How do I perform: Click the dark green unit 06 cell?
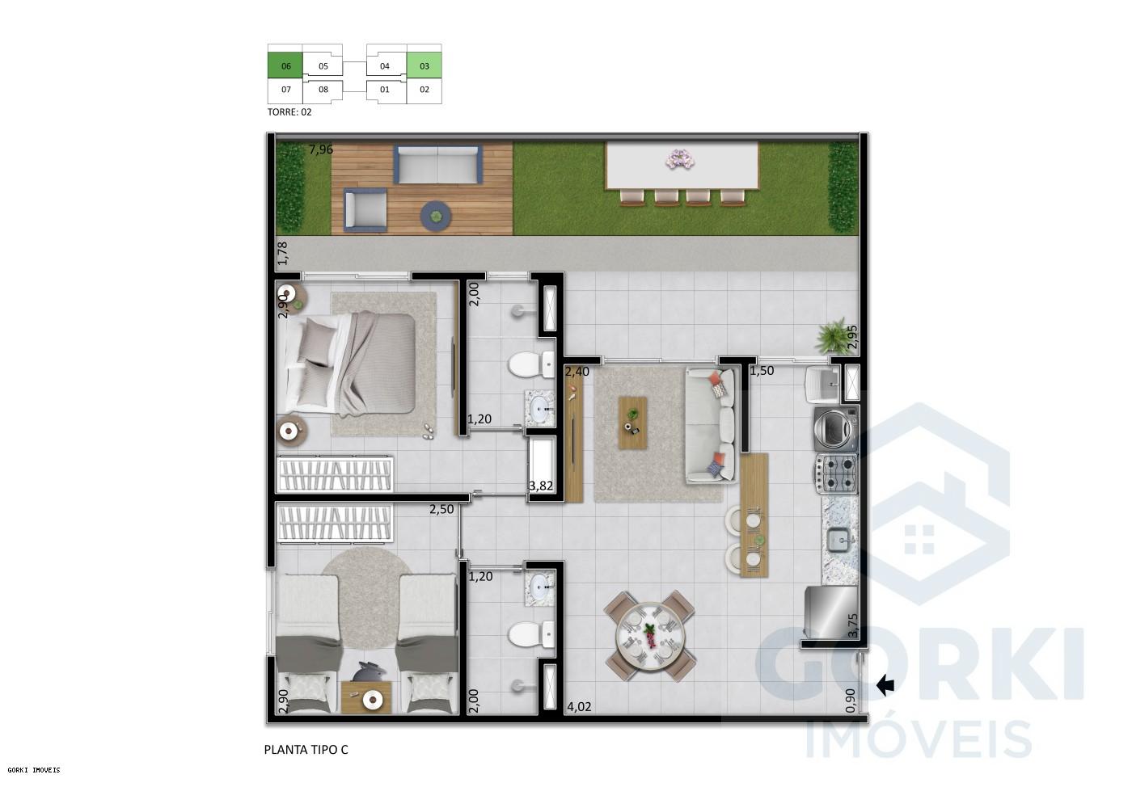[285, 66]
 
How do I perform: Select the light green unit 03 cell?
[424, 66]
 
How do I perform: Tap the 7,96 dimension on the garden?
[321, 149]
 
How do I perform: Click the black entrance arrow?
[885, 686]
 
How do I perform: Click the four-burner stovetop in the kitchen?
[836, 473]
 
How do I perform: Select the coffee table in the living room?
[634, 422]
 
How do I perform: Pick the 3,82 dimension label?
[540, 486]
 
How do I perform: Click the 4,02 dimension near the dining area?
[579, 706]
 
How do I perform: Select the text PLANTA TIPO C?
[306, 749]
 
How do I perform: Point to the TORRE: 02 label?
[289, 112]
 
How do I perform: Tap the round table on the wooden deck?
[437, 215]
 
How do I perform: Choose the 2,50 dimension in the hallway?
[441, 510]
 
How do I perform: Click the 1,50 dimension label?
[762, 371]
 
